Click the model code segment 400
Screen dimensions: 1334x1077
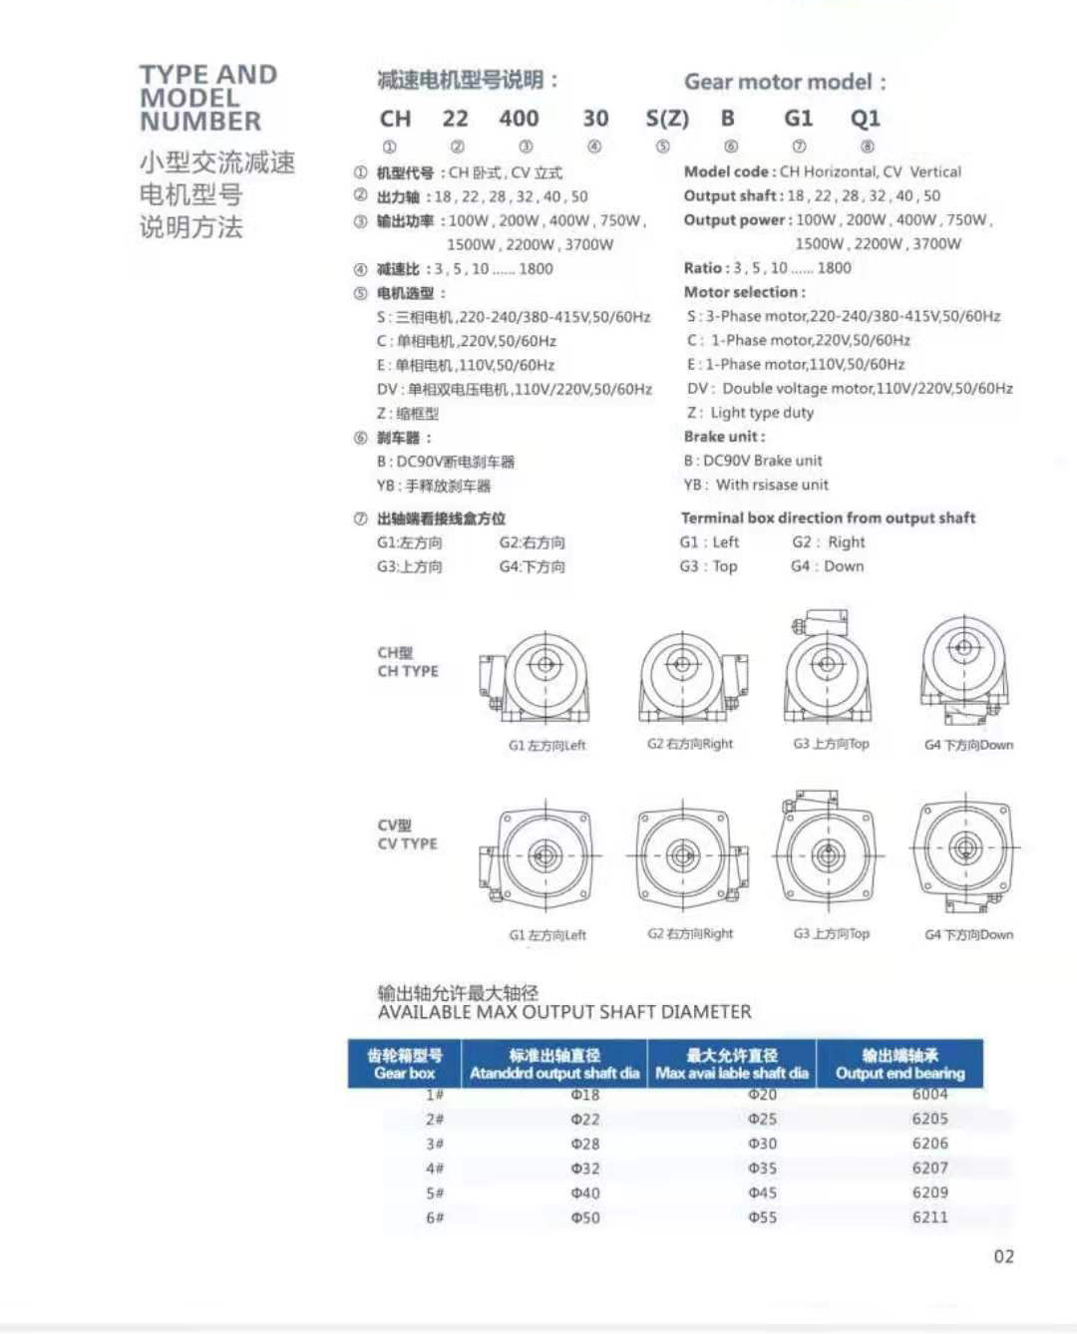pos(519,119)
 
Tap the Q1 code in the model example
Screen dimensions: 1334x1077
pos(865,119)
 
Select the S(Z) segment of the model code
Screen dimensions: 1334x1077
pos(667,119)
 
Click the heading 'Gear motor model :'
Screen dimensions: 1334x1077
pos(785,82)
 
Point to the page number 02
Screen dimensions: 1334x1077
pos(1003,1256)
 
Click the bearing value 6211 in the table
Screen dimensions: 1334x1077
pos(929,1217)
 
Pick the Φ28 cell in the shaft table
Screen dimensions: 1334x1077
pos(585,1144)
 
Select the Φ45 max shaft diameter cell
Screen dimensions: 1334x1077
pos(762,1192)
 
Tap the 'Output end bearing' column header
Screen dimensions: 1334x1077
pos(899,1064)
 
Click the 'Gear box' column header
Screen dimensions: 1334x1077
pos(405,1064)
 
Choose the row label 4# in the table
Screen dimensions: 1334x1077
pos(435,1168)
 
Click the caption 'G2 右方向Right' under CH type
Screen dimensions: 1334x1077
pos(689,744)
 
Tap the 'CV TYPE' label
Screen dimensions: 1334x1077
pos(407,844)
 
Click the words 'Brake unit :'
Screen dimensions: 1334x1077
pos(724,437)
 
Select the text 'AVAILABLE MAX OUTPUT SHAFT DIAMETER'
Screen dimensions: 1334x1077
pos(564,1013)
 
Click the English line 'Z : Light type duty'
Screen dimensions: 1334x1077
pos(750,413)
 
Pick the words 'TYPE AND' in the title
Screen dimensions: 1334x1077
pos(208,75)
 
